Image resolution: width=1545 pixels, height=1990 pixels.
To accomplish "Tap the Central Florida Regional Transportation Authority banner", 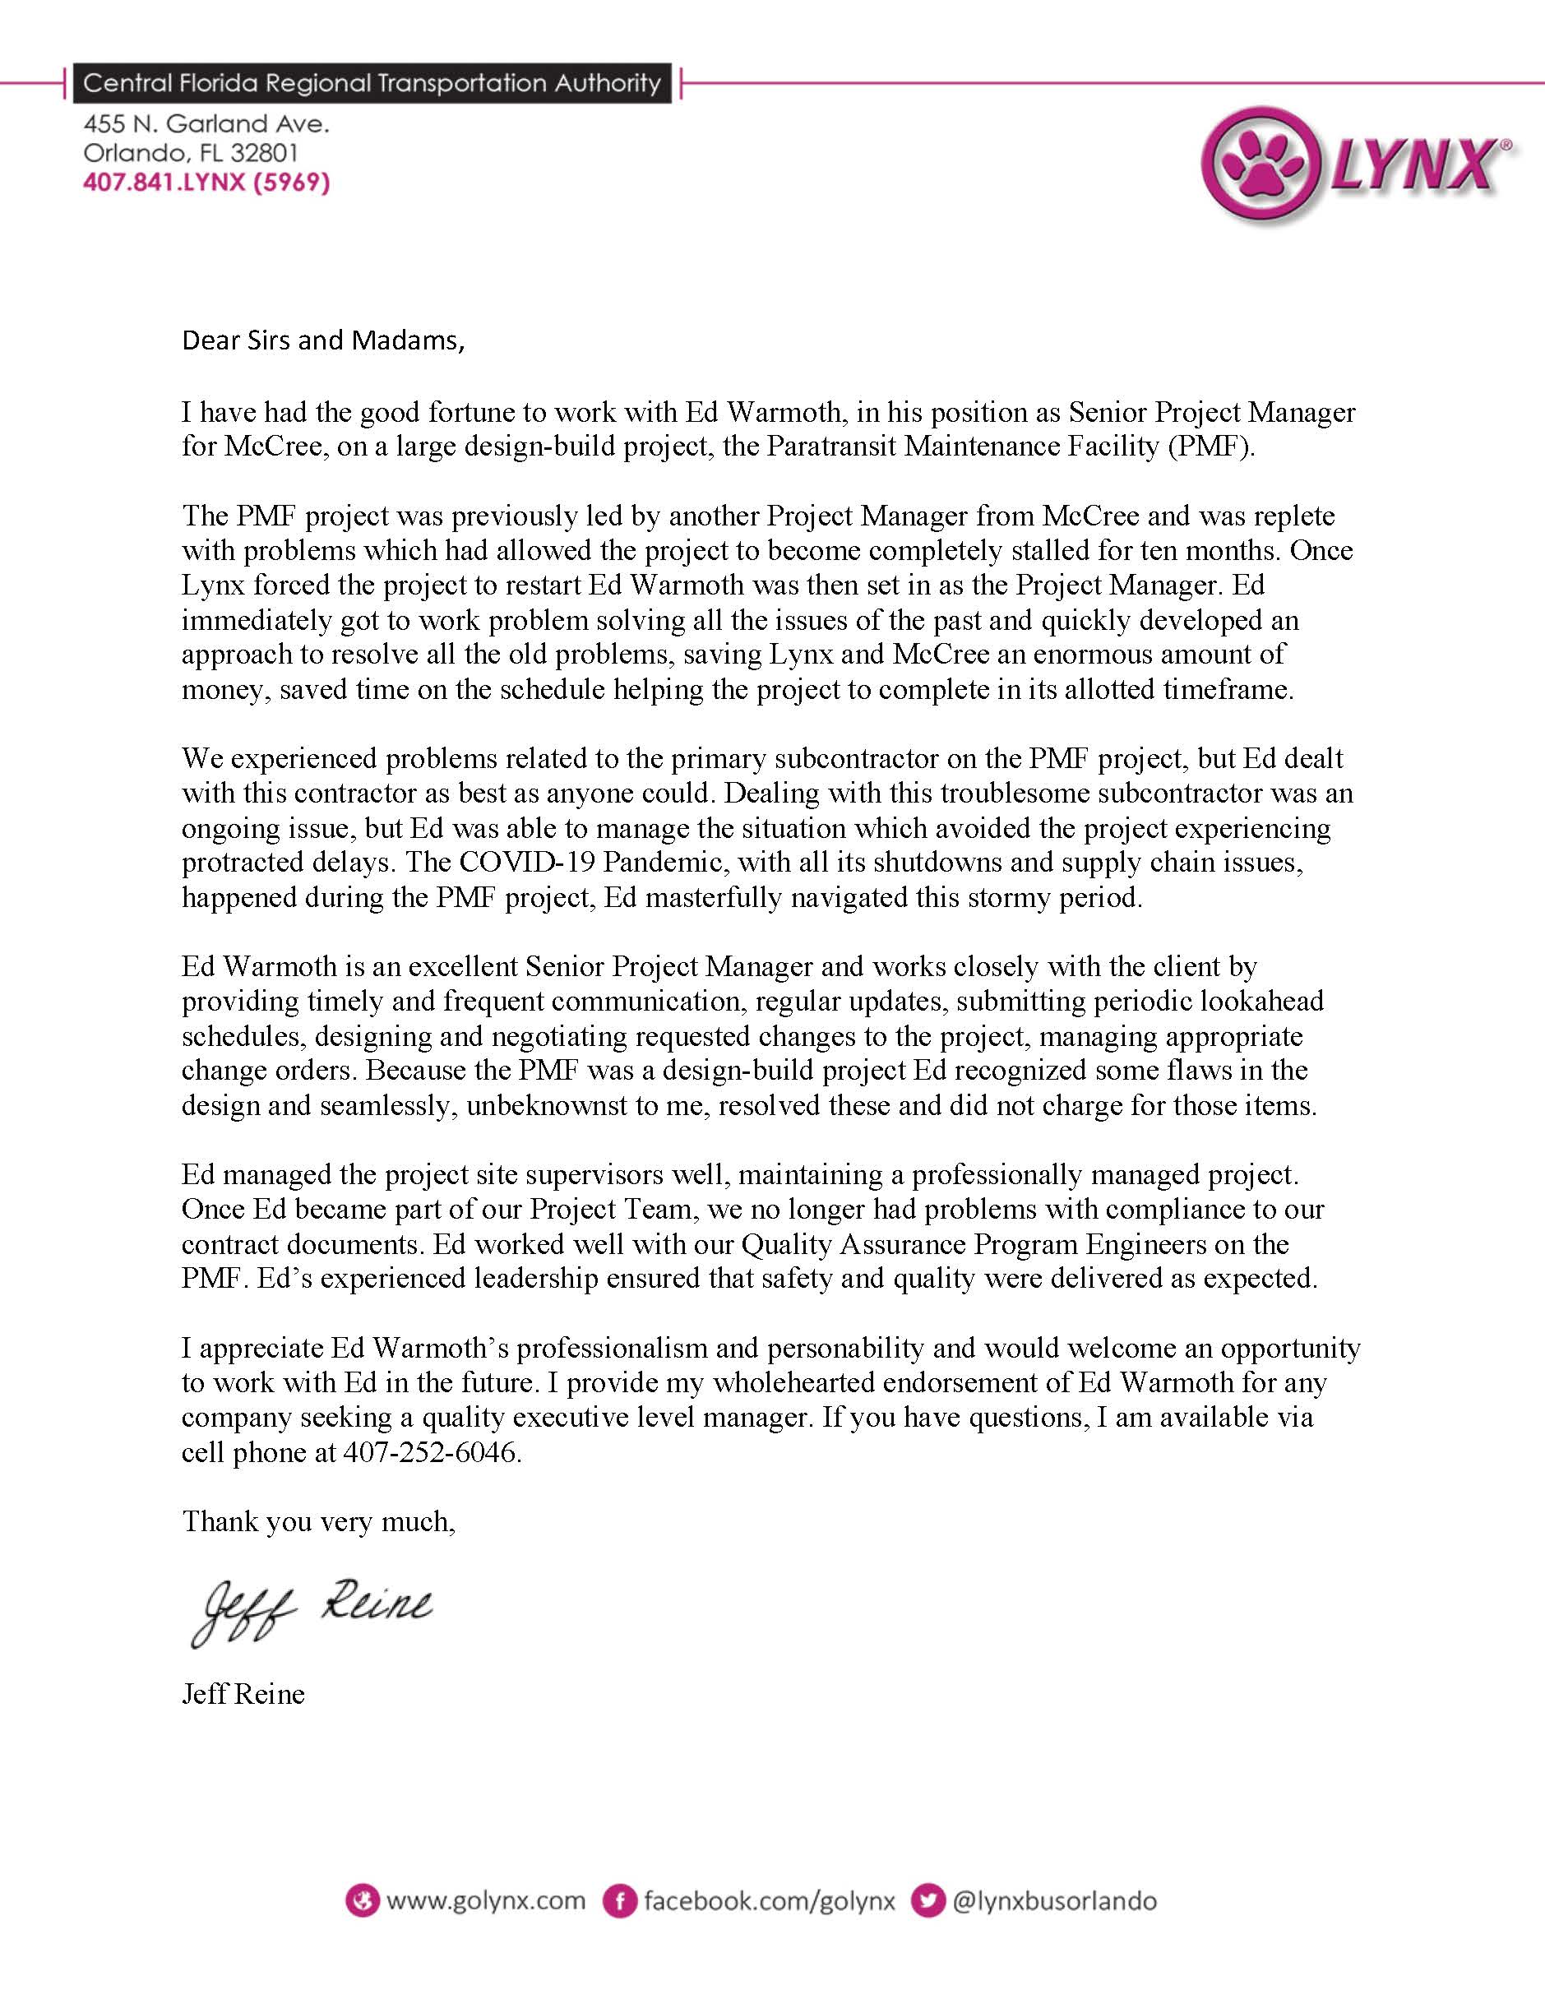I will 372,84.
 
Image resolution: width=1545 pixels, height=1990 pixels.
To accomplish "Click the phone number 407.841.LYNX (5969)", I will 206,183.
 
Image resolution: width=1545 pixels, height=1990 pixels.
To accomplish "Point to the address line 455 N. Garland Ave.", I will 206,124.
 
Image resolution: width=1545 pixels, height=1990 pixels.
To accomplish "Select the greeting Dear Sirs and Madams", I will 323,340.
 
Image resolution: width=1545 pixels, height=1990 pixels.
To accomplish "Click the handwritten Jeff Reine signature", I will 310,1610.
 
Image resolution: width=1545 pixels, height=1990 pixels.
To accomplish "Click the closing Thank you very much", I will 318,1521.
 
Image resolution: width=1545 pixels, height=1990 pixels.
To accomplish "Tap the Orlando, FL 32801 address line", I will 191,153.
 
